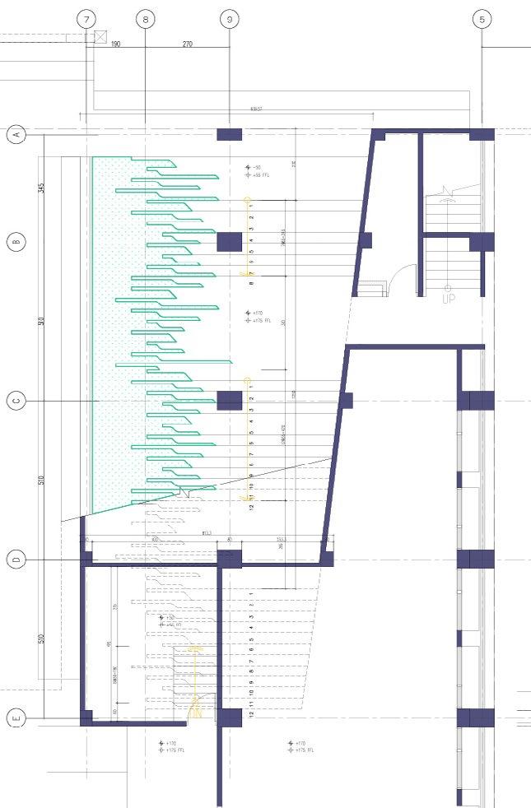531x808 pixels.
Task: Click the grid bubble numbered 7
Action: [86, 18]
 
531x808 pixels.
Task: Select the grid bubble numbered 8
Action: [145, 18]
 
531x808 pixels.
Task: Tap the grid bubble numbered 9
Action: [229, 18]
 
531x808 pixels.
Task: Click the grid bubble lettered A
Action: [16, 134]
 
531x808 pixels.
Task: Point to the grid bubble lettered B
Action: [16, 242]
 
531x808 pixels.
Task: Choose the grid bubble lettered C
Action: [16, 401]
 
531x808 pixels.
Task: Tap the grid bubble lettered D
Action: [16, 560]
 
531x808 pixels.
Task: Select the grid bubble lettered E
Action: [16, 718]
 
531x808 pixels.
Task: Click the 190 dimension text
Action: [115, 44]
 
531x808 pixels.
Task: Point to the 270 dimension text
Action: [187, 44]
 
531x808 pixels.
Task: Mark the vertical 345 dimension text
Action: [42, 188]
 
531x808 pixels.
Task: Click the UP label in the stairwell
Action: [449, 300]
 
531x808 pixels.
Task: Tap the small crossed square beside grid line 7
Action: [100, 36]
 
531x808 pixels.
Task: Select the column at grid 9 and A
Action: [229, 134]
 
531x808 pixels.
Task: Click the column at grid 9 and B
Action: [229, 242]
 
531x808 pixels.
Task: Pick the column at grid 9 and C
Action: [229, 401]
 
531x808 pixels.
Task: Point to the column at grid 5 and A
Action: [482, 134]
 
